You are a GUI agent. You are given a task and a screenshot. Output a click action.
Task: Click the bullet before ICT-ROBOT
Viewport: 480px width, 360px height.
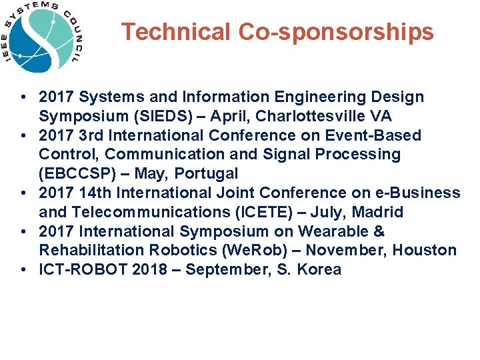click(x=23, y=269)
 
